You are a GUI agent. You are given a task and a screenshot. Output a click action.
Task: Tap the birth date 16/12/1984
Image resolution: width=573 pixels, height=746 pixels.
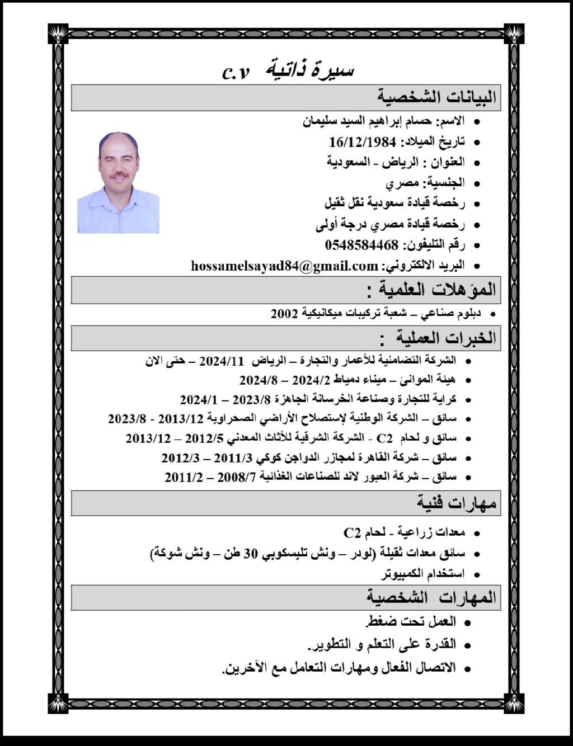[x=363, y=141]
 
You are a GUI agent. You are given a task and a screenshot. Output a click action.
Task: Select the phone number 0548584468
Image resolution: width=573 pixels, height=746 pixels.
[x=361, y=245]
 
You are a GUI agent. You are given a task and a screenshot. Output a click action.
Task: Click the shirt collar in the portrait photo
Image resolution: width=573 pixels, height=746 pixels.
[x=118, y=193]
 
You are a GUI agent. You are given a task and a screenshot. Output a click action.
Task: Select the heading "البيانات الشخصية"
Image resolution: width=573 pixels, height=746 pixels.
[x=436, y=97]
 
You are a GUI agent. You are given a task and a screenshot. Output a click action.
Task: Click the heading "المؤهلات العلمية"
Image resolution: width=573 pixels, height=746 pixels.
[x=431, y=290]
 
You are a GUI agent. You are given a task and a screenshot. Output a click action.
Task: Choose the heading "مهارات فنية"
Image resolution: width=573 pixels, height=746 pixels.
[x=456, y=503]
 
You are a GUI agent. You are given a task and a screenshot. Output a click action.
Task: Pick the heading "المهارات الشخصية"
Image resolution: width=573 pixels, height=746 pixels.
[x=431, y=597]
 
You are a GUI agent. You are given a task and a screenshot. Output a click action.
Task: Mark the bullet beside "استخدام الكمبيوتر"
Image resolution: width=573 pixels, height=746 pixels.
[x=477, y=575]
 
